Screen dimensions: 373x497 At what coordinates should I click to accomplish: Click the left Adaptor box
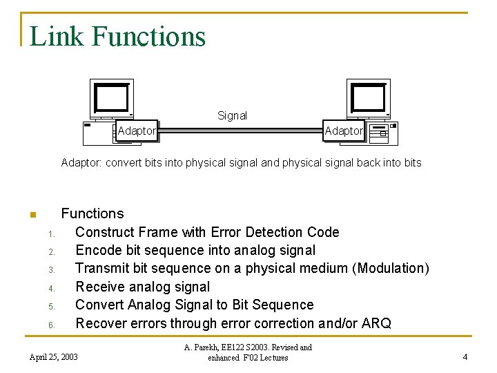click(x=137, y=131)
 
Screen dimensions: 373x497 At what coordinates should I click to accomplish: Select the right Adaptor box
click(x=343, y=131)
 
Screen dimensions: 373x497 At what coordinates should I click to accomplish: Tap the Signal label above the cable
click(x=232, y=116)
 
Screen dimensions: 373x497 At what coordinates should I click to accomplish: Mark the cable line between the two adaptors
click(x=240, y=129)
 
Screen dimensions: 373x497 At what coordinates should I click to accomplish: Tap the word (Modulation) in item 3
click(x=391, y=268)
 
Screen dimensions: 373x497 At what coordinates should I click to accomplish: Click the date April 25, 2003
click(x=54, y=357)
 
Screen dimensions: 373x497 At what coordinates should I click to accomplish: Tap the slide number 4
click(x=465, y=357)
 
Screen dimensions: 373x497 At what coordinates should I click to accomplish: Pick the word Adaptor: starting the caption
click(x=81, y=163)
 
